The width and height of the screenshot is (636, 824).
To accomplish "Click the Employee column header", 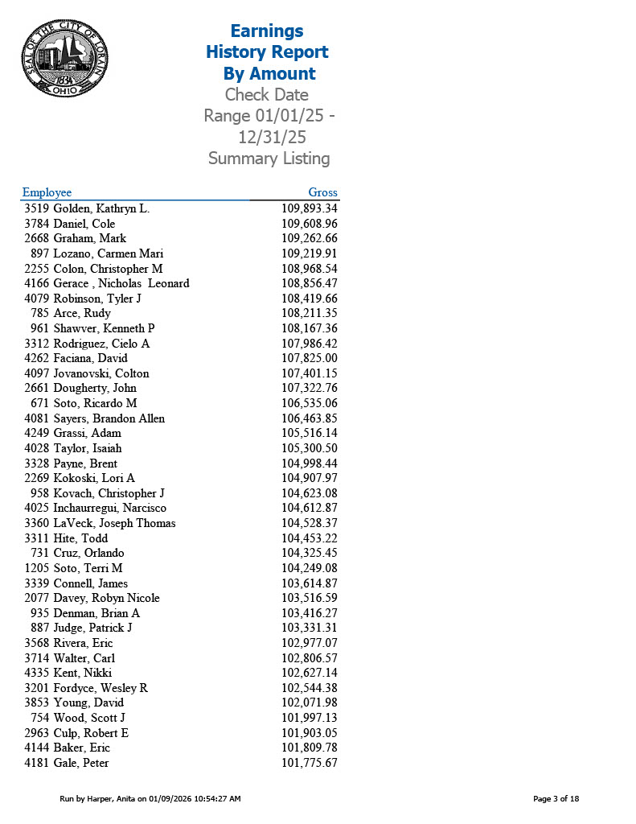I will point(47,192).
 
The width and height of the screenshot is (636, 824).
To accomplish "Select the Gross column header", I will point(322,192).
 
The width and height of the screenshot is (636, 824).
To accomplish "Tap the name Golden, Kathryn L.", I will point(101,208).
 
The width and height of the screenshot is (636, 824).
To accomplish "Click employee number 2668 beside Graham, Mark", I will point(37,238).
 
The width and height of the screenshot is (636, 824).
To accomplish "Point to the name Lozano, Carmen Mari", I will point(109,253).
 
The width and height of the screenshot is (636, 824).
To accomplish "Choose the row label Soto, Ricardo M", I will point(95,403).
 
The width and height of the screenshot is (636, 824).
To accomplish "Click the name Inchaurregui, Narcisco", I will point(110,508).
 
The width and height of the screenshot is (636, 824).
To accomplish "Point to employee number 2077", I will point(37,598).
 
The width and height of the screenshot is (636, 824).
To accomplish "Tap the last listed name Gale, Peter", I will point(81,763).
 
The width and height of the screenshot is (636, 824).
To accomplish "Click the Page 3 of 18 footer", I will point(556,799).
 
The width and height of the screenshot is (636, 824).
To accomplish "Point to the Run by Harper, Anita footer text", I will point(150,799).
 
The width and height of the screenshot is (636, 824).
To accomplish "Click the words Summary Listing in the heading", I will point(269,159).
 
